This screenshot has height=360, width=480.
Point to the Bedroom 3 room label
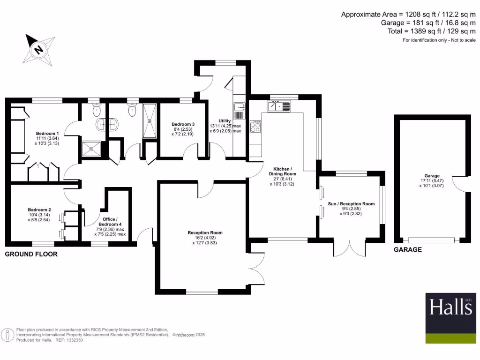(183, 124)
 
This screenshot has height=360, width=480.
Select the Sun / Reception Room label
(351, 204)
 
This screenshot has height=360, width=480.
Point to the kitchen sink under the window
(280, 106)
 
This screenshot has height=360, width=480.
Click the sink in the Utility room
(239, 106)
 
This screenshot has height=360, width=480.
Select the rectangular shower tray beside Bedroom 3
(150, 120)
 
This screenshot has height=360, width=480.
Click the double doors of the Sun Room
(349, 248)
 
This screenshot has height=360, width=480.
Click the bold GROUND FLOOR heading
(31, 254)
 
